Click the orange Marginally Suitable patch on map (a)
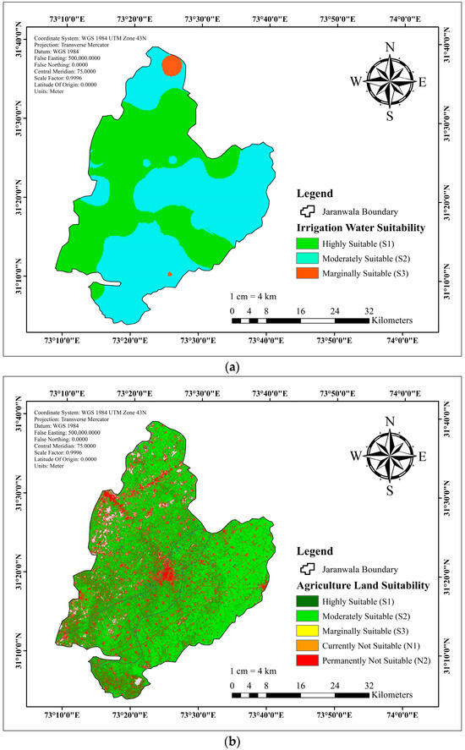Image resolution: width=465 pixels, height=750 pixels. coord(172,65)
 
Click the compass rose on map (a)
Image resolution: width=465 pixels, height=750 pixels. coord(389,82)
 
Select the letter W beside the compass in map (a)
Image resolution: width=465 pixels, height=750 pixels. coord(356,82)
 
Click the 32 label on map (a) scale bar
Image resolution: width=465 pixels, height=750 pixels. coord(368,311)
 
